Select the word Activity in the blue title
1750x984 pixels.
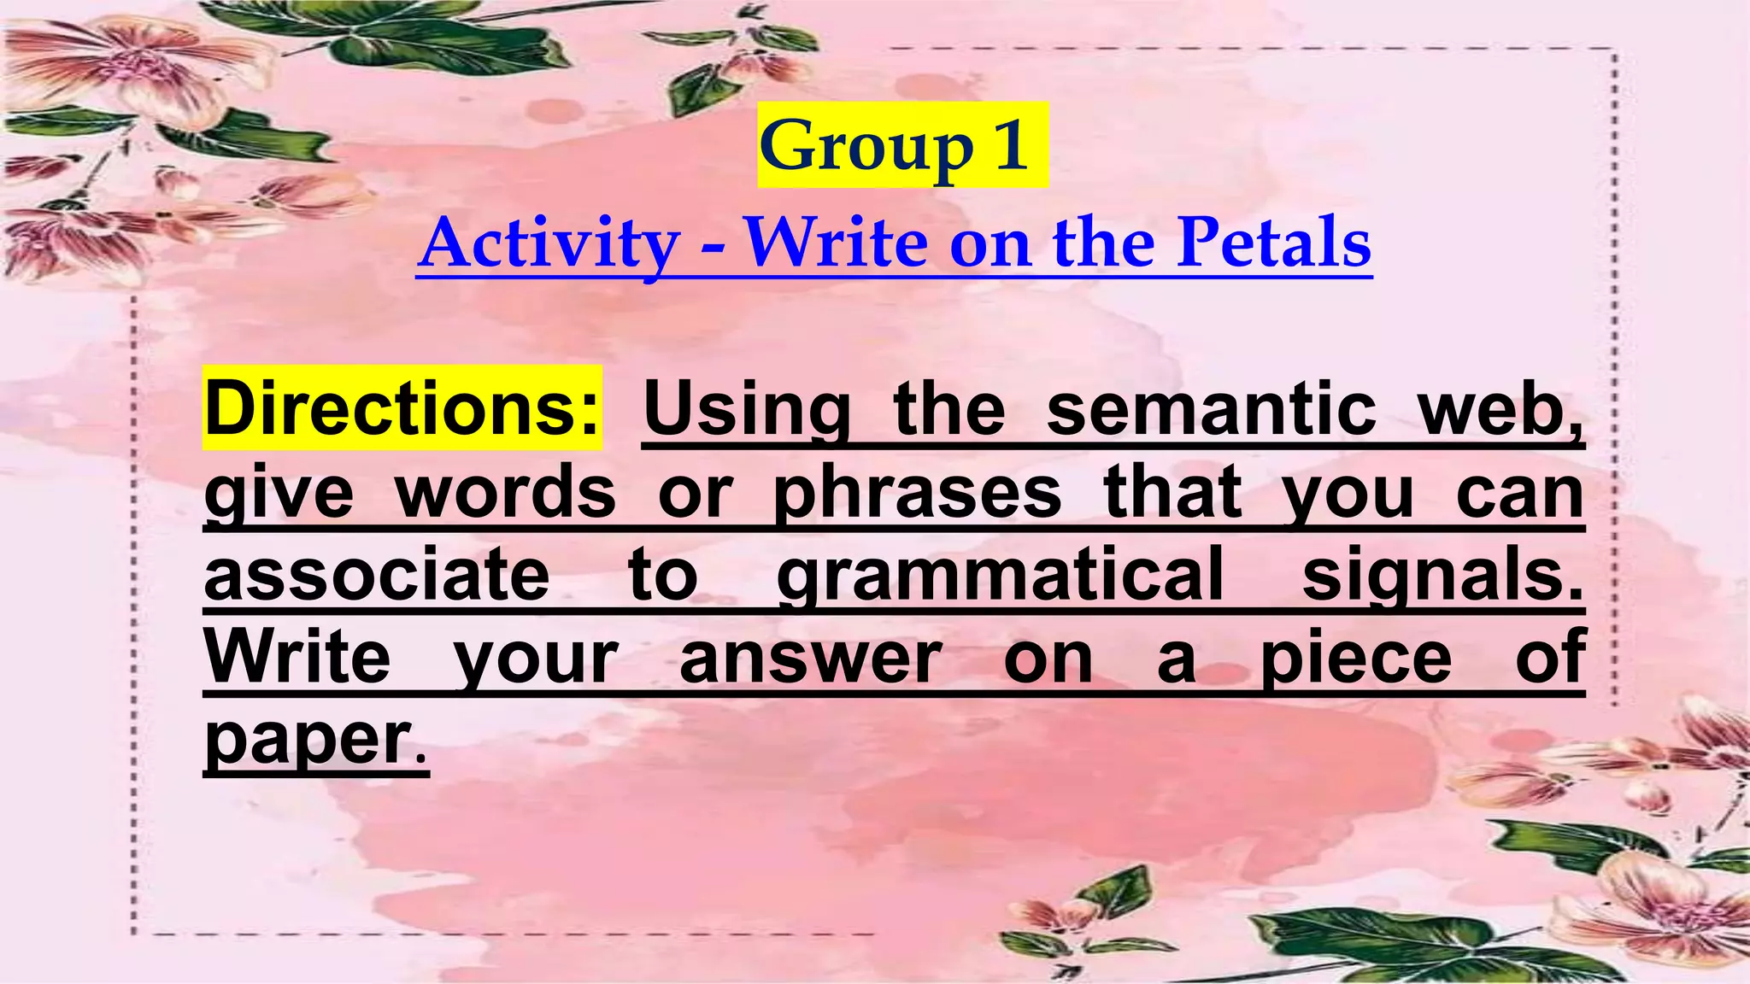click(x=549, y=243)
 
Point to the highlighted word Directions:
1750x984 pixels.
click(x=402, y=408)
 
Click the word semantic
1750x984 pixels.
click(x=1211, y=408)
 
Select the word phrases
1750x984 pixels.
click(x=917, y=493)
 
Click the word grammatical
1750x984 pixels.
click(x=1000, y=575)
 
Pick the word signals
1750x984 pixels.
click(x=1442, y=575)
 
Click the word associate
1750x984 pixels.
click(x=377, y=575)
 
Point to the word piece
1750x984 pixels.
click(x=1357, y=658)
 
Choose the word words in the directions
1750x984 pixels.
click(x=506, y=493)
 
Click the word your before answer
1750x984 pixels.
click(x=536, y=658)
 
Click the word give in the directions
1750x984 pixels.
click(x=279, y=493)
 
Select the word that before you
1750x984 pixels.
click(x=1172, y=493)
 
